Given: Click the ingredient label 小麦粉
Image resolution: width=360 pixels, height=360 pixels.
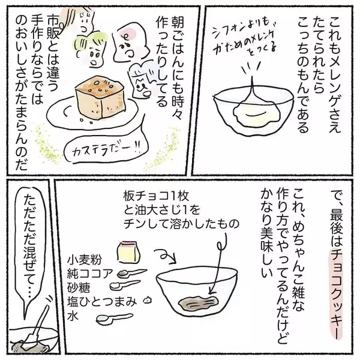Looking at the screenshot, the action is tap(84, 260).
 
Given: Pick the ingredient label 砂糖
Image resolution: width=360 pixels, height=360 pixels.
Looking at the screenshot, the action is tap(79, 287).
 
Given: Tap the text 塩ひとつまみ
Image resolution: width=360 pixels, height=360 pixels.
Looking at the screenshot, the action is tap(102, 301).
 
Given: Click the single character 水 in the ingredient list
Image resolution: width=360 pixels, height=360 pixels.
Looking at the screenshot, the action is tap(73, 316).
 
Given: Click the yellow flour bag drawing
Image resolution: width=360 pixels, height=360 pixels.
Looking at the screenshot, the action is tap(128, 252).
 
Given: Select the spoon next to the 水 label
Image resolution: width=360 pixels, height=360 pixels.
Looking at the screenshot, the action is tap(115, 318).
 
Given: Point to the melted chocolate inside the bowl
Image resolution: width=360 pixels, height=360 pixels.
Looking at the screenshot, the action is tap(198, 303).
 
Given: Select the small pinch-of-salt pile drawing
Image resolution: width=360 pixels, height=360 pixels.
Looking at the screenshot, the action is tap(148, 300).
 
